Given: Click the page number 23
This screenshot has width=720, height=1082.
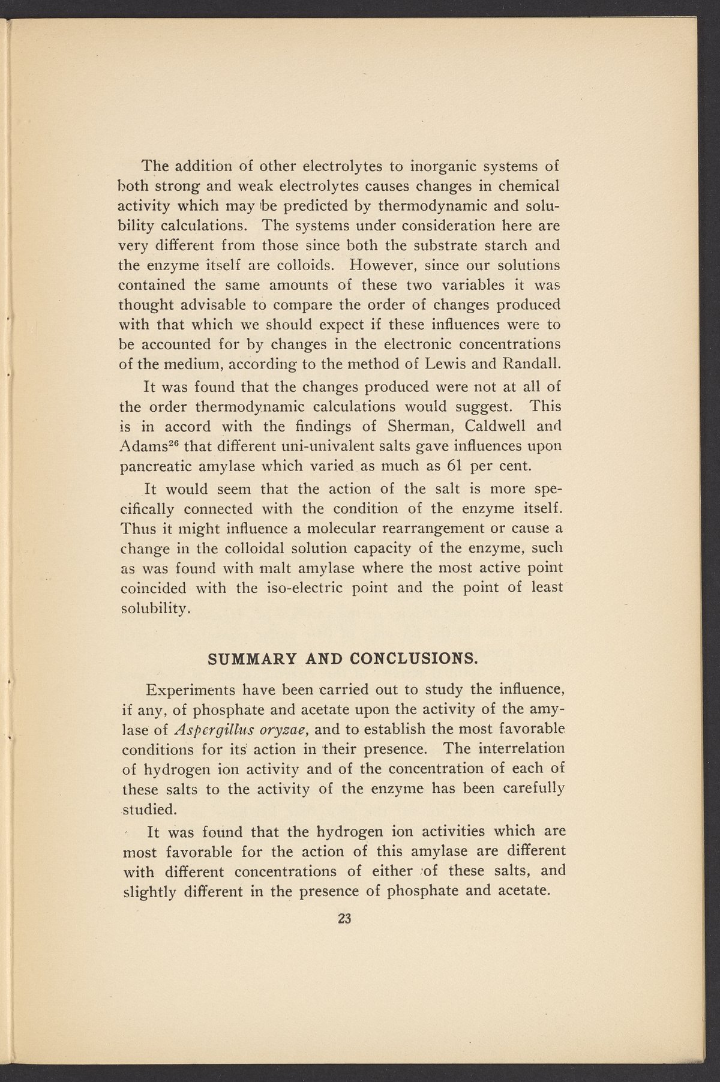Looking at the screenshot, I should pos(343,918).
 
